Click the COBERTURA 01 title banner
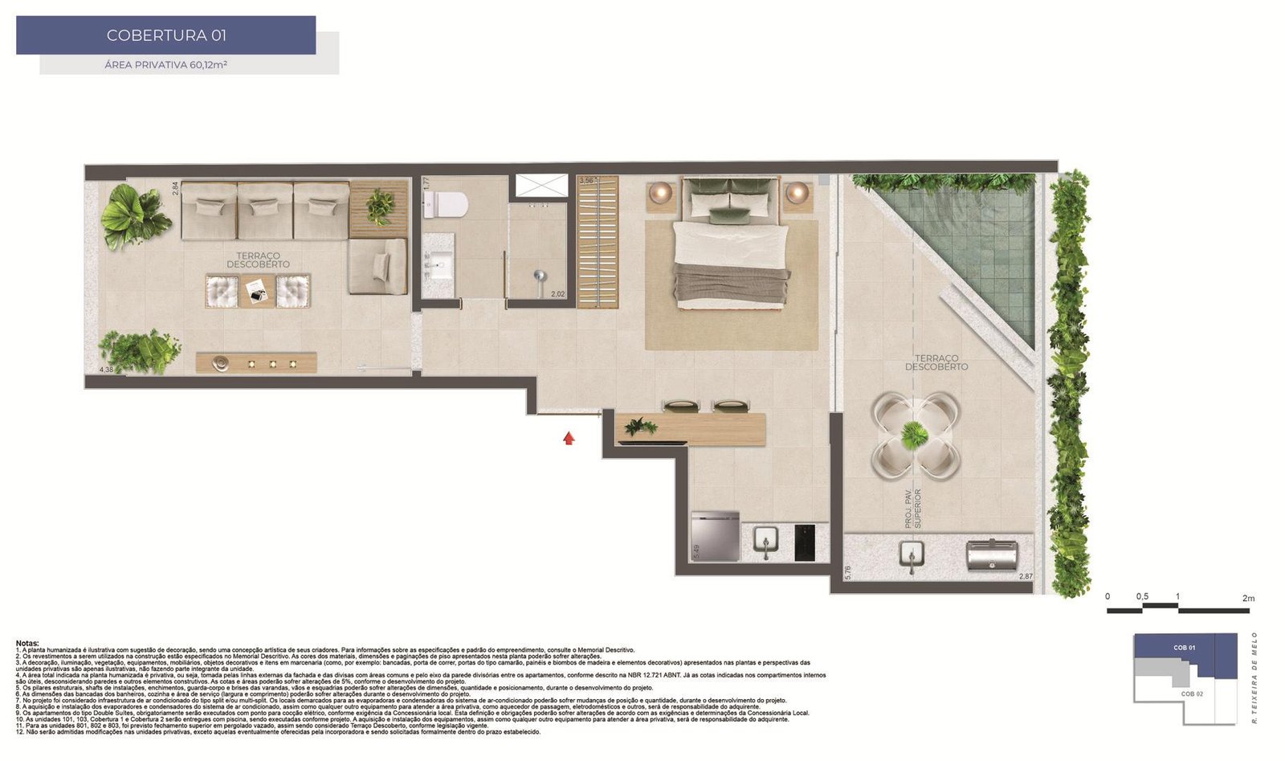pyautogui.click(x=165, y=35)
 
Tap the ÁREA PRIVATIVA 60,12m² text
pyautogui.click(x=165, y=64)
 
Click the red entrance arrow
pyautogui.click(x=569, y=438)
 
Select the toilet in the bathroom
pyautogui.click(x=445, y=205)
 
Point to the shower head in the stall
pyautogui.click(x=540, y=276)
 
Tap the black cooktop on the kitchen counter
pyautogui.click(x=804, y=542)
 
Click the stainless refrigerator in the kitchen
pyautogui.click(x=715, y=536)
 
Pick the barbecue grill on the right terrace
pyautogui.click(x=992, y=556)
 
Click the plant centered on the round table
pyautogui.click(x=915, y=435)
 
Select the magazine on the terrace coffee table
pyautogui.click(x=257, y=290)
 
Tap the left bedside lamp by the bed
pyautogui.click(x=661, y=192)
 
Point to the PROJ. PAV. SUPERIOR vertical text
pyautogui.click(x=913, y=508)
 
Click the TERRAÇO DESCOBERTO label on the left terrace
pyautogui.click(x=258, y=260)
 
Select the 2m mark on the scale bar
pyautogui.click(x=1247, y=598)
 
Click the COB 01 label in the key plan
pyautogui.click(x=1184, y=648)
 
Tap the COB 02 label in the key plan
pyautogui.click(x=1192, y=693)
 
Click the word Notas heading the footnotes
pyautogui.click(x=27, y=643)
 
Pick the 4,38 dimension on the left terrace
pyautogui.click(x=106, y=370)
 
